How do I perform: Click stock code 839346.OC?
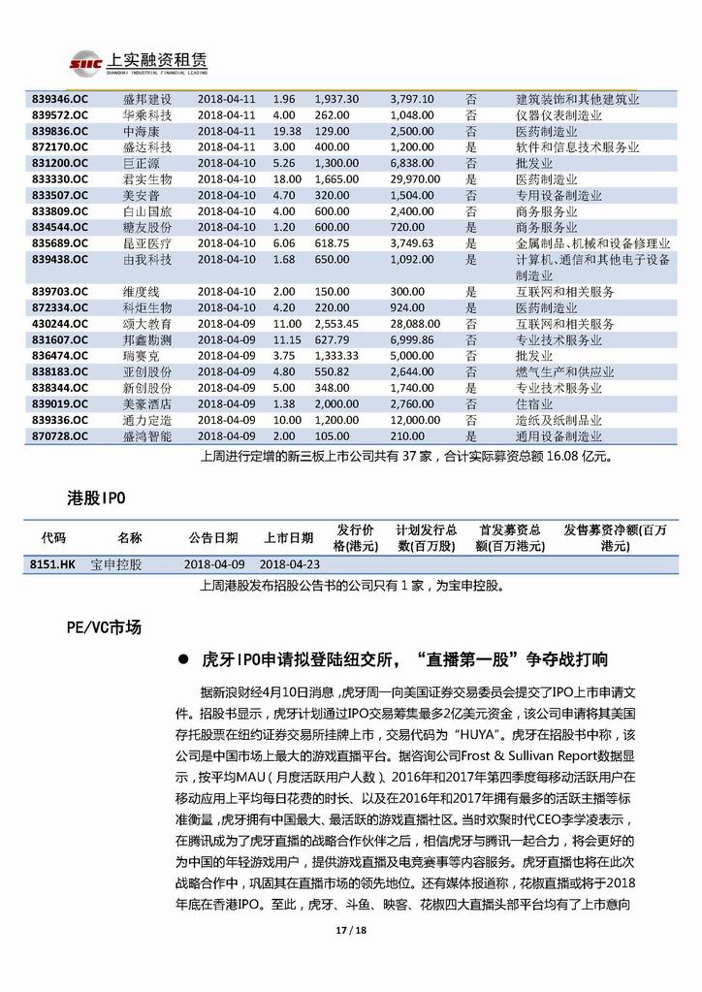(x=60, y=99)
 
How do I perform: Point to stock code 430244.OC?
(x=60, y=324)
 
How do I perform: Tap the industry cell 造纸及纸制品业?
(x=558, y=420)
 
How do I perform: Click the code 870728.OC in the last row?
(x=60, y=436)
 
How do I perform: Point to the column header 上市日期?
(x=289, y=537)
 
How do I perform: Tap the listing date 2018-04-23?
(x=288, y=563)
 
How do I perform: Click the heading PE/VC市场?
(x=97, y=627)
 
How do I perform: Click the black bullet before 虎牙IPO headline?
(x=183, y=660)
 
